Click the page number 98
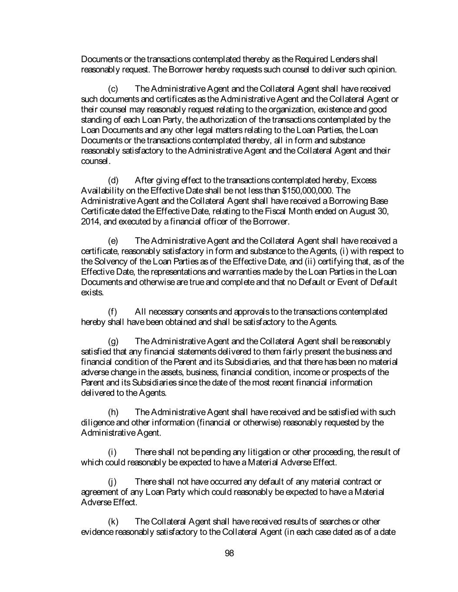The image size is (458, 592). point(230,553)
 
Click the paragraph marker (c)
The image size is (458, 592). point(112,89)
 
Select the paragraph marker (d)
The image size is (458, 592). point(112,180)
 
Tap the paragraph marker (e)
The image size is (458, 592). point(112,241)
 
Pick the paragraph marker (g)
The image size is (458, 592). point(112,341)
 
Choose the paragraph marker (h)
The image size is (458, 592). point(112,412)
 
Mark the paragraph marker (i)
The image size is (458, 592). point(112,452)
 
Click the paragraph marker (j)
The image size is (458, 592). point(112,482)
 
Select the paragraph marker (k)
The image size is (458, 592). point(112,521)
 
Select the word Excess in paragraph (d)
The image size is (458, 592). point(364,180)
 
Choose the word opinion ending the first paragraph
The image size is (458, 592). point(382,69)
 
